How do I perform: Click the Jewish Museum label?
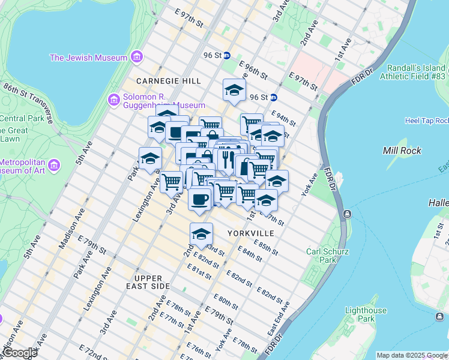[x=88, y=58]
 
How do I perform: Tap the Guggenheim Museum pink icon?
[x=113, y=100]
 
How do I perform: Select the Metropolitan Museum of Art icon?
[x=53, y=164]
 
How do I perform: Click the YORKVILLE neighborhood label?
[x=251, y=233]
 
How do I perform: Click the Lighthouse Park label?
[x=366, y=315]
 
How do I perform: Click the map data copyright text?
[x=412, y=355]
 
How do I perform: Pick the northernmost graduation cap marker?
[x=234, y=91]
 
